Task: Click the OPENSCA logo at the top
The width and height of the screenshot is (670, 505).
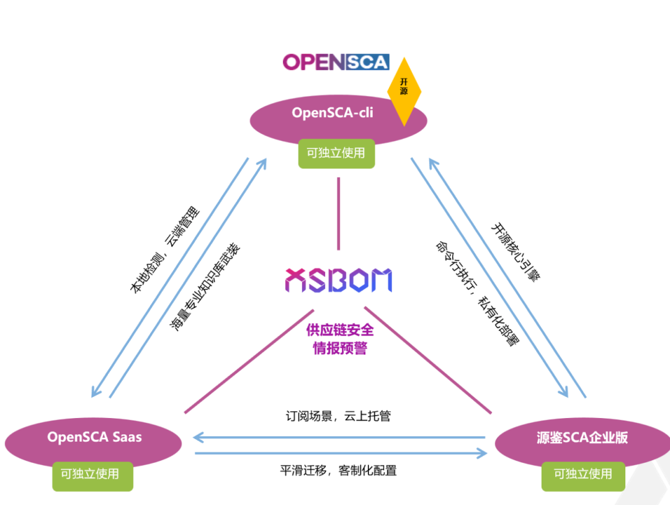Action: pos(336,62)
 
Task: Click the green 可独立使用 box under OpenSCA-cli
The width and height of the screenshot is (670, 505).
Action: pos(336,153)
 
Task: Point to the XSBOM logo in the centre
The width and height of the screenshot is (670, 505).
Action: pos(339,281)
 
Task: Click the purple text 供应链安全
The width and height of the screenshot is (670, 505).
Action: pos(340,330)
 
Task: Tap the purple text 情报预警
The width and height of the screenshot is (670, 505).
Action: pos(340,348)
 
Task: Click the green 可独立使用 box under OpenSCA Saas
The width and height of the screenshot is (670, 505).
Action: pos(92,474)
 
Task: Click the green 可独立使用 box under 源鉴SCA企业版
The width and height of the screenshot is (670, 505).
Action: pos(583,474)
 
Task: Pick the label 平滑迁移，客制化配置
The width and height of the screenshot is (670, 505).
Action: pos(339,470)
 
